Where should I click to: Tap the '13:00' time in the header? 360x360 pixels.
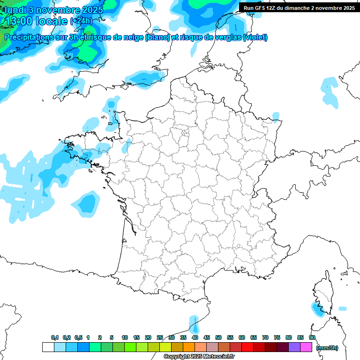(19, 21)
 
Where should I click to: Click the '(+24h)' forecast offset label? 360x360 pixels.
(81, 21)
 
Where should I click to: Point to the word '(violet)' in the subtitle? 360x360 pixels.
(255, 37)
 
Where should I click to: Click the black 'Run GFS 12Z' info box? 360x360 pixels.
(299, 7)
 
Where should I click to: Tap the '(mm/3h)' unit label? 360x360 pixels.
(327, 347)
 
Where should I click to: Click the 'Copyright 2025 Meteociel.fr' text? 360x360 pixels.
(199, 357)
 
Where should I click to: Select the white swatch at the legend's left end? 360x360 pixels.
(48, 347)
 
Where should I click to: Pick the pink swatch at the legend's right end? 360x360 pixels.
(306, 347)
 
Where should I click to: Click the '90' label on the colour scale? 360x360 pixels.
(312, 337)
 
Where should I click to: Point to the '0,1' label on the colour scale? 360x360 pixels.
(55, 337)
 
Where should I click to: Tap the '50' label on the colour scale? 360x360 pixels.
(218, 337)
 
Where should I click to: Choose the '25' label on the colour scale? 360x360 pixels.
(160, 337)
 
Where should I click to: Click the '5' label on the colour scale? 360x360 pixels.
(112, 337)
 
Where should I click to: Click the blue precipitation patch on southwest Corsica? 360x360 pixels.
(316, 308)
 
